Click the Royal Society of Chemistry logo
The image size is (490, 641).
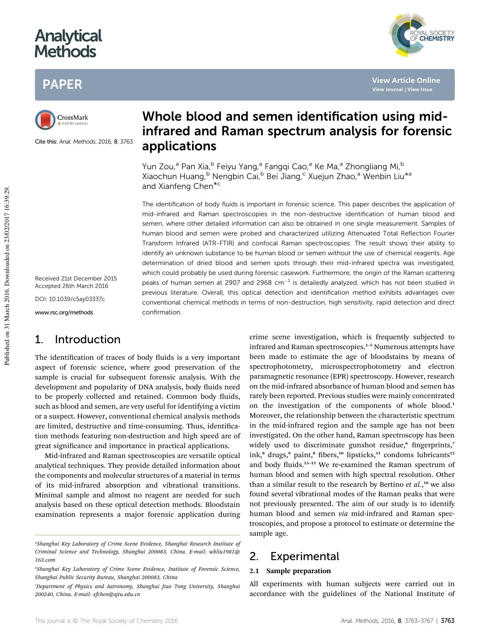point(421,35)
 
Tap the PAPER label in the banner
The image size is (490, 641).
point(62,84)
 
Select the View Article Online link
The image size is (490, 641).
point(406,80)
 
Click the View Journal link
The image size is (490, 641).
point(387,90)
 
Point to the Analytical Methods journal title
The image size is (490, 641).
point(68,43)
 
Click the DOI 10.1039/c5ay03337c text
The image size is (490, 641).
point(70,299)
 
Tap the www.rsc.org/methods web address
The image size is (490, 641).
point(64,312)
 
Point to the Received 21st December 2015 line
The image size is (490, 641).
point(76,278)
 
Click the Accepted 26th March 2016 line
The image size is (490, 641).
point(71,286)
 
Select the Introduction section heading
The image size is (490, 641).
point(87,340)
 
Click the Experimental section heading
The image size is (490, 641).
point(304,557)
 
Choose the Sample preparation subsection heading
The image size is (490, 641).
point(299,571)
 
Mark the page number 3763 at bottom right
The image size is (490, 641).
point(447,621)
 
